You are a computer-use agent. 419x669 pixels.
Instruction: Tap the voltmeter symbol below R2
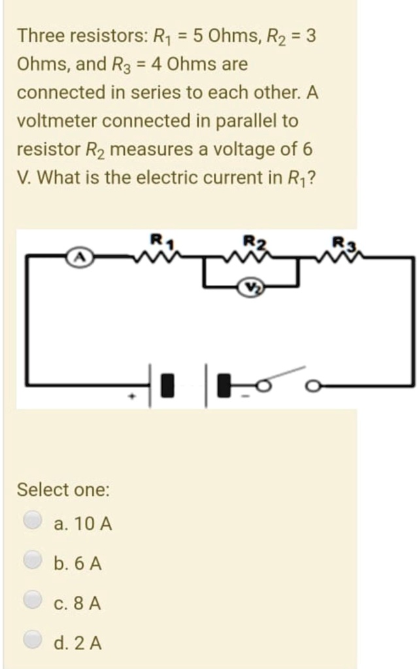click(x=252, y=286)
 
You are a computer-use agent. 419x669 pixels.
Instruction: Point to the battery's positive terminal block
click(x=168, y=385)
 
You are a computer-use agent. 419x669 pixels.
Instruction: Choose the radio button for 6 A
click(x=32, y=561)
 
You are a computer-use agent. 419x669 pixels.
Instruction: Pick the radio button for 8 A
click(x=32, y=601)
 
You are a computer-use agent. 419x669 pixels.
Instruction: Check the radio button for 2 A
click(x=32, y=642)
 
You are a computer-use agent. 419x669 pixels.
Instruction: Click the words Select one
click(x=63, y=489)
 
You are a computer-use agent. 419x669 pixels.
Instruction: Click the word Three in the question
click(x=38, y=35)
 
